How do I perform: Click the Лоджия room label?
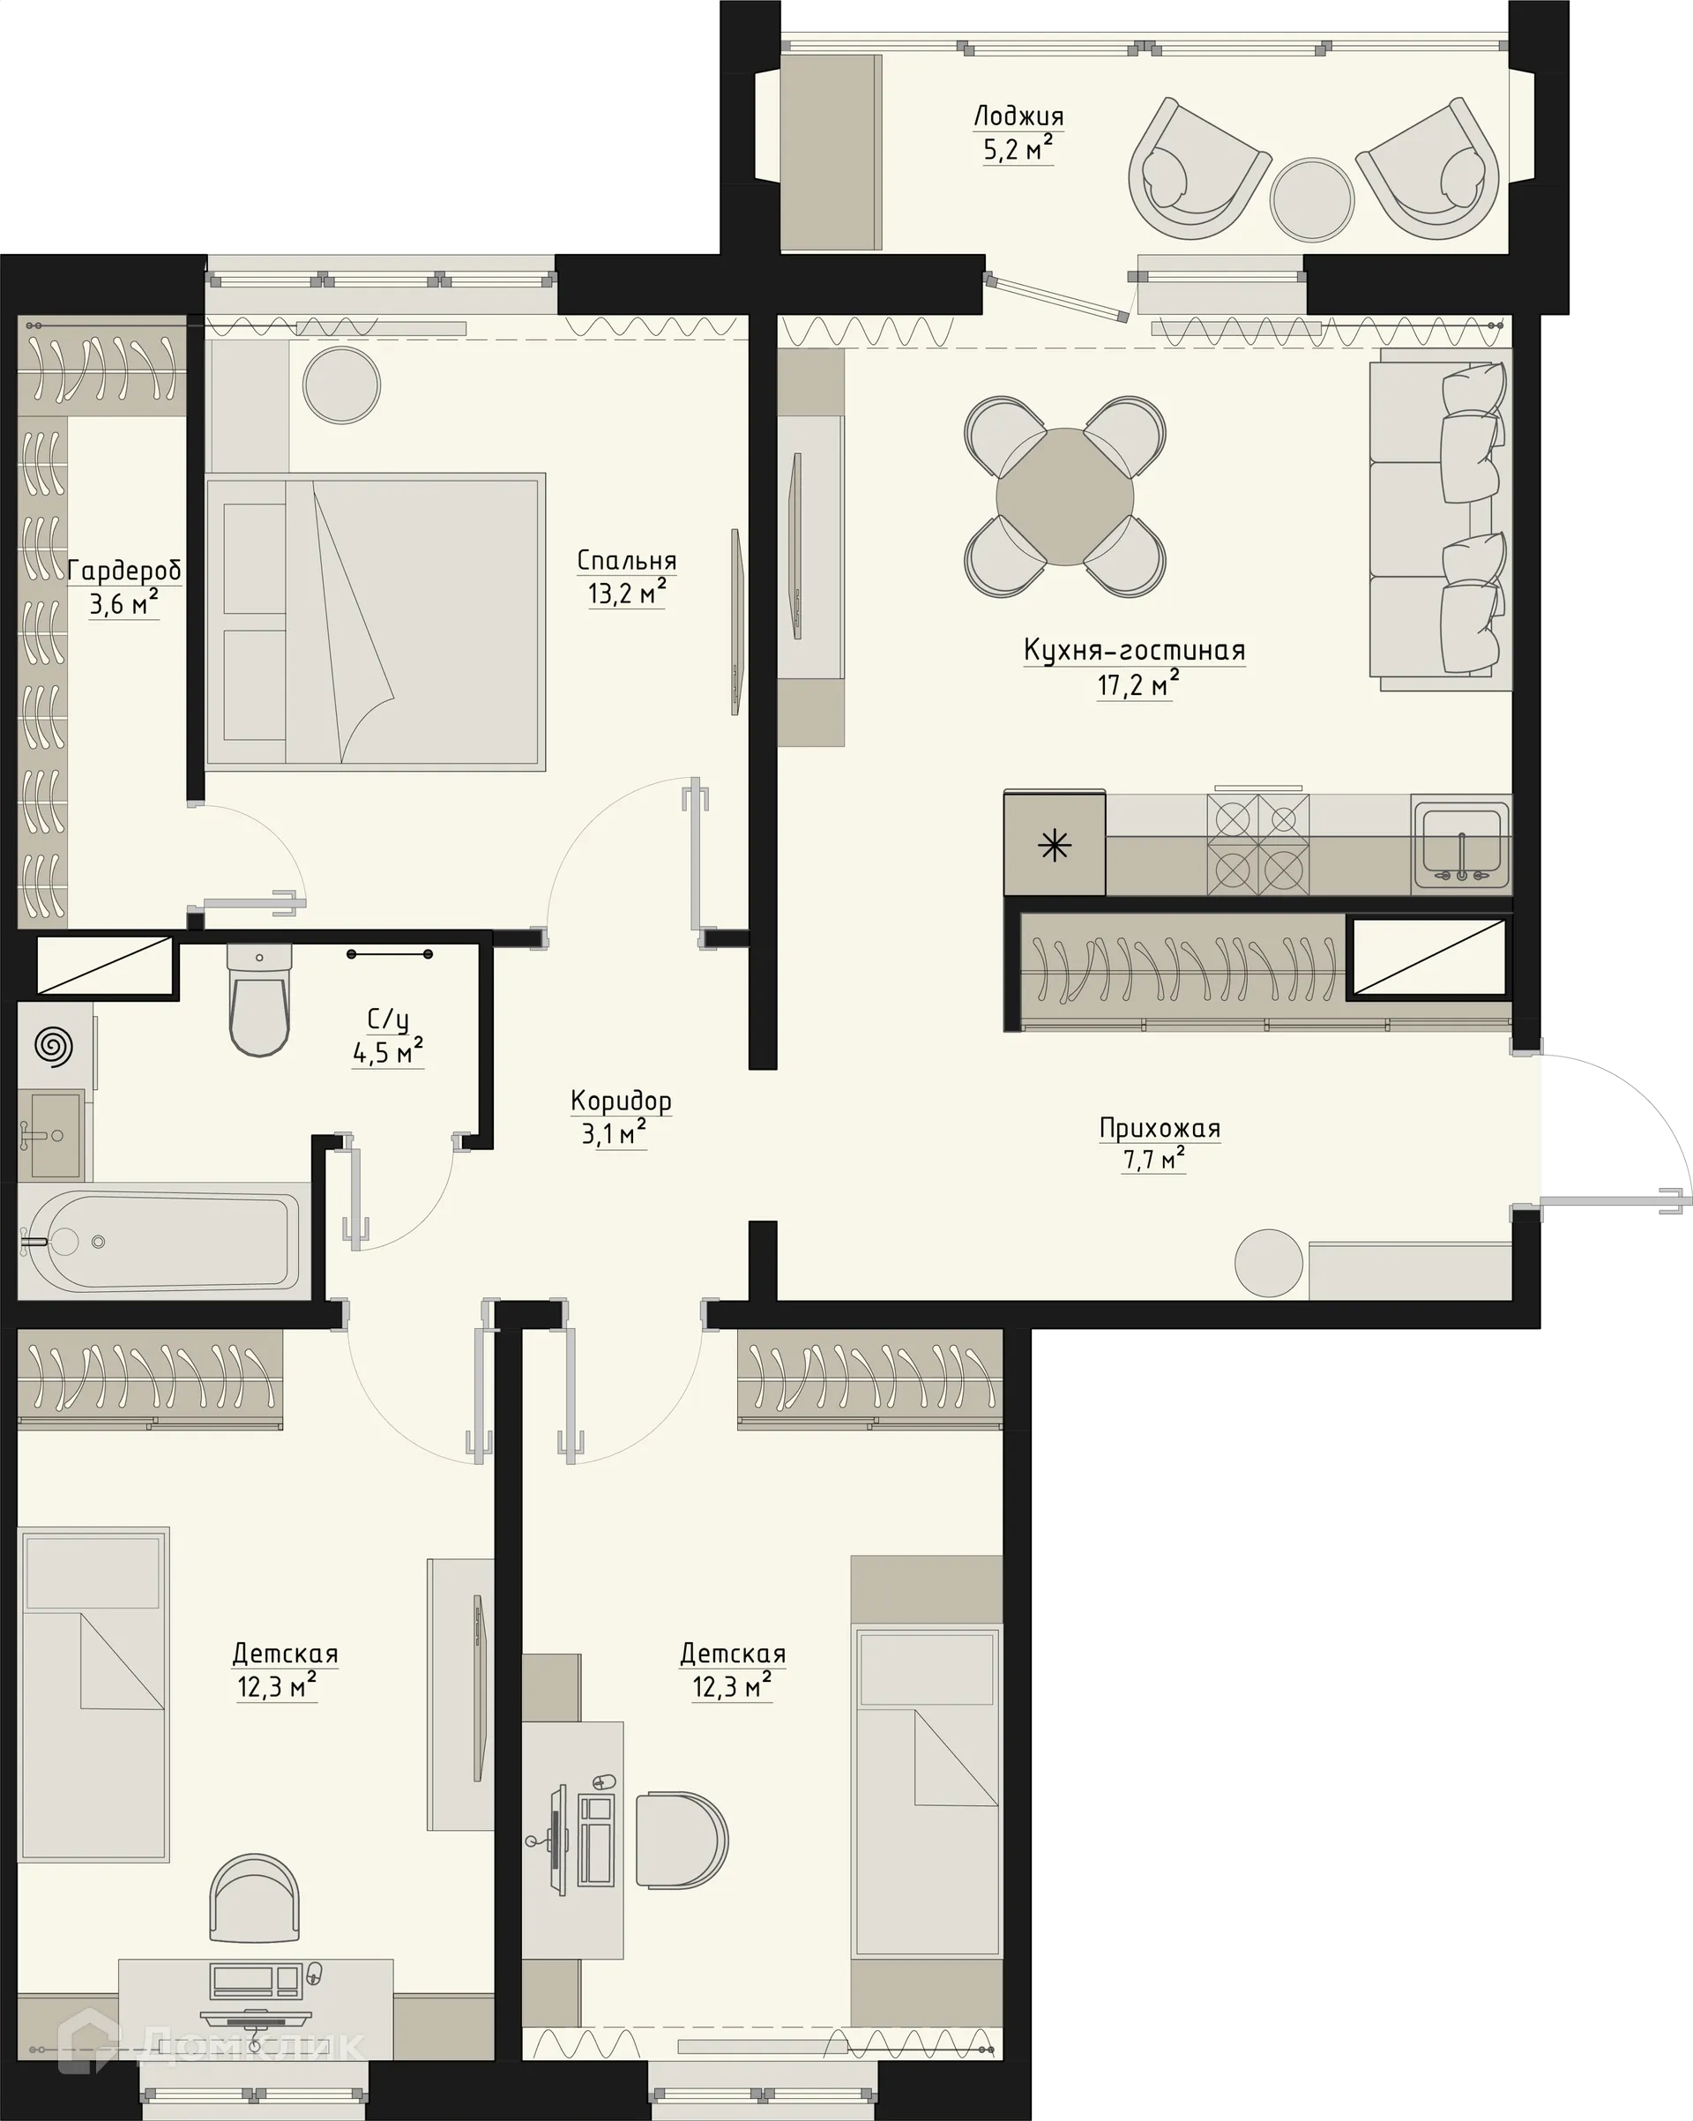[x=1018, y=116]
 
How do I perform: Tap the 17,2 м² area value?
[x=1137, y=683]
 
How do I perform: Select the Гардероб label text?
[x=124, y=571]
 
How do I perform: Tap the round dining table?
[x=1064, y=497]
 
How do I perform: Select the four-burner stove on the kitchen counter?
[x=1257, y=843]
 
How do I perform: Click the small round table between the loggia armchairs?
[x=1311, y=198]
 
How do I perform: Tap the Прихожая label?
[x=1159, y=1128]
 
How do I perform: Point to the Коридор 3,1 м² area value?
[x=613, y=1134]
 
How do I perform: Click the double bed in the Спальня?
[x=376, y=622]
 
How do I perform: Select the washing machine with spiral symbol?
[x=53, y=1046]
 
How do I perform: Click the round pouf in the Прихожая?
[x=1268, y=1263]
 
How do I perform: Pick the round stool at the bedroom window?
[x=340, y=385]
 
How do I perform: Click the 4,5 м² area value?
[x=388, y=1053]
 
